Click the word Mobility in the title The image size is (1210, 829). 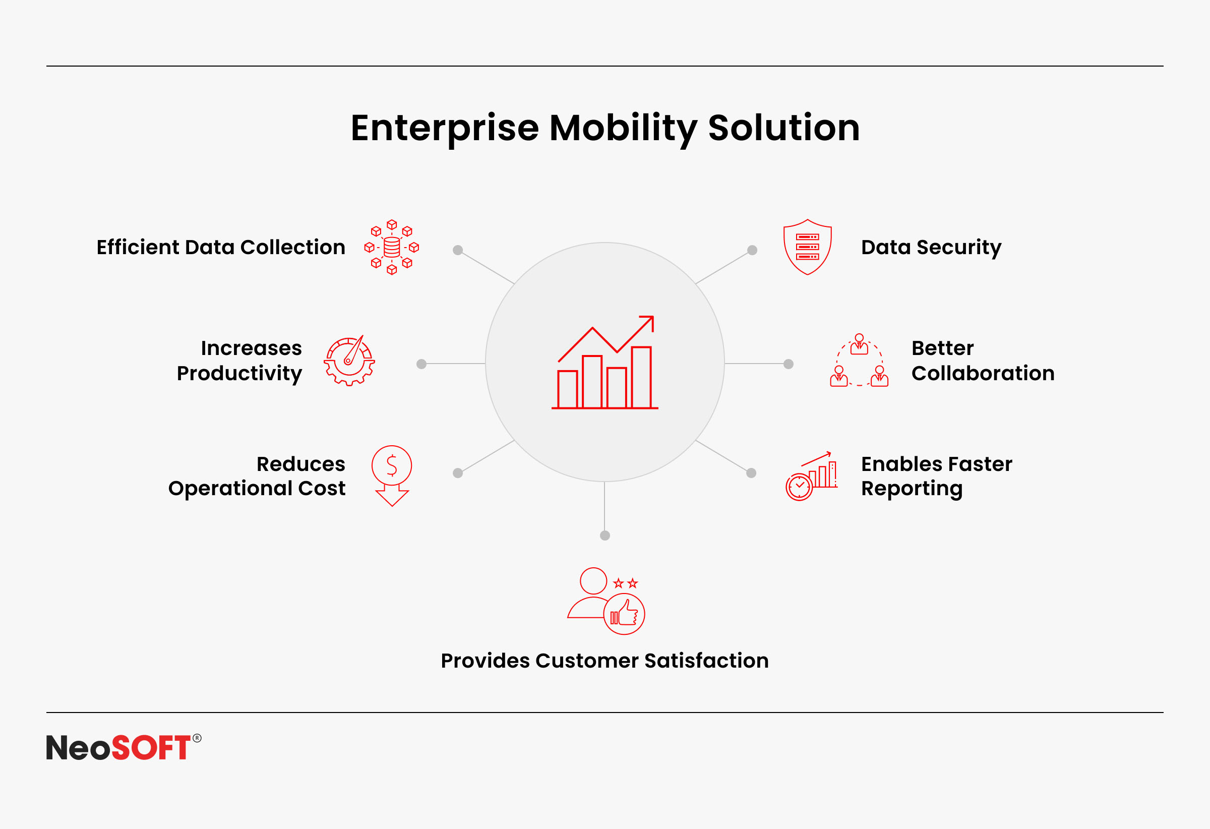pyautogui.click(x=623, y=129)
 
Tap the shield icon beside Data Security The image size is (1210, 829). pyautogui.click(x=808, y=247)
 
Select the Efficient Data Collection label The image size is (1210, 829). pyautogui.click(x=221, y=248)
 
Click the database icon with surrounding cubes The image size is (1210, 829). pyautogui.click(x=392, y=248)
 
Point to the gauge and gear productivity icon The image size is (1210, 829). pyautogui.click(x=349, y=361)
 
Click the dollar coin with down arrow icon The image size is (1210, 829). pyautogui.click(x=392, y=476)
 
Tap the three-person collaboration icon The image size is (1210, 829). pyautogui.click(x=859, y=361)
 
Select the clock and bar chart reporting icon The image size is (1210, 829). pyautogui.click(x=812, y=476)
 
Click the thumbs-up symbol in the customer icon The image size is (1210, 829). pyautogui.click(x=625, y=613)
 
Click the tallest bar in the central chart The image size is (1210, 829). pyautogui.click(x=641, y=378)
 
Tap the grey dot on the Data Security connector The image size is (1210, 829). pyautogui.click(x=752, y=250)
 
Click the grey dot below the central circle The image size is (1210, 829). pyautogui.click(x=605, y=536)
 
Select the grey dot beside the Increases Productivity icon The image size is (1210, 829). pyautogui.click(x=421, y=364)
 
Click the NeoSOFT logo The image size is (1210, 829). pyautogui.click(x=124, y=747)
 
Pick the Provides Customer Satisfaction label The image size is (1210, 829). pyautogui.click(x=604, y=660)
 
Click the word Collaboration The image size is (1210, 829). pyautogui.click(x=983, y=373)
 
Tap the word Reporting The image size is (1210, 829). pyautogui.click(x=912, y=489)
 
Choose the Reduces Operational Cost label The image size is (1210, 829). pyautogui.click(x=257, y=476)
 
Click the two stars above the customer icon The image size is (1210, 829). pyautogui.click(x=625, y=583)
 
